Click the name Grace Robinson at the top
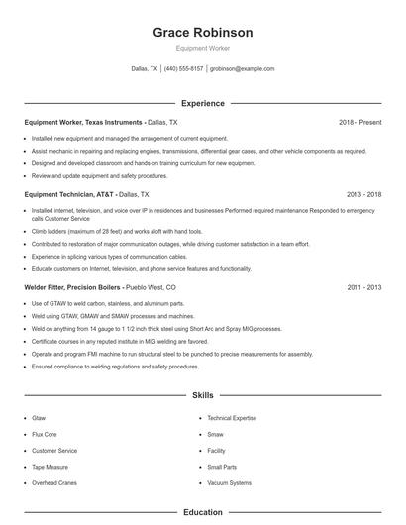click(203, 33)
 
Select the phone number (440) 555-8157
click(183, 69)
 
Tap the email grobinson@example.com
click(243, 69)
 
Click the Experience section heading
click(203, 103)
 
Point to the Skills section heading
click(203, 395)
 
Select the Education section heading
click(203, 513)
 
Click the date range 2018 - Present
click(359, 122)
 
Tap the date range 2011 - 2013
click(364, 287)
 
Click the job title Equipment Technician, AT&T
click(63, 195)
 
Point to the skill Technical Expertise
click(232, 419)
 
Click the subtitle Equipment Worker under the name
click(203, 48)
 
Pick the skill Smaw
click(216, 434)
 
